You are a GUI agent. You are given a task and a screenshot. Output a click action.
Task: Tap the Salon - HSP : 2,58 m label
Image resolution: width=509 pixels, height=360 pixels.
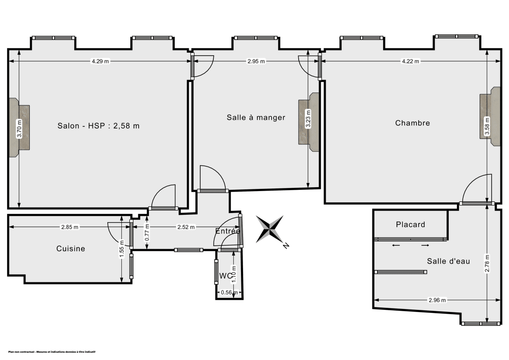pyautogui.click(x=98, y=126)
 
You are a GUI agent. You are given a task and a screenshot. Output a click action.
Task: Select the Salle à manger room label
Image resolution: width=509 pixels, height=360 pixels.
pyautogui.click(x=256, y=118)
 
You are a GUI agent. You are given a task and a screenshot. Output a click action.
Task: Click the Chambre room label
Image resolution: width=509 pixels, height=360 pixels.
pyautogui.click(x=412, y=123)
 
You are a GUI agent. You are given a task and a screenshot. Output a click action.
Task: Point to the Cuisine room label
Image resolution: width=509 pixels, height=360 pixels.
pyautogui.click(x=71, y=249)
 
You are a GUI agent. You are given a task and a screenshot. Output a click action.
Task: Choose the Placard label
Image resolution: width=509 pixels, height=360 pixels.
pyautogui.click(x=410, y=225)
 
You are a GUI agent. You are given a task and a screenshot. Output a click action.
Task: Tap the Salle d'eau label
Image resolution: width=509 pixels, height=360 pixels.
pyautogui.click(x=448, y=262)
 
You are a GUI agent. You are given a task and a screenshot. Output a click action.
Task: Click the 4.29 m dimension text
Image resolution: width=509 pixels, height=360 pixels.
pyautogui.click(x=100, y=62)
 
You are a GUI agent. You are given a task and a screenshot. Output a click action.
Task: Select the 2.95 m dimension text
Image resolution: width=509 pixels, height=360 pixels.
pyautogui.click(x=256, y=62)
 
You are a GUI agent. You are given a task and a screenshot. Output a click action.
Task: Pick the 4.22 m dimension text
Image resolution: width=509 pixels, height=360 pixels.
pyautogui.click(x=410, y=62)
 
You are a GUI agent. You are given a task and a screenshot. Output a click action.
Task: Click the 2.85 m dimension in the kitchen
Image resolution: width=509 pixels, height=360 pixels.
pyautogui.click(x=70, y=227)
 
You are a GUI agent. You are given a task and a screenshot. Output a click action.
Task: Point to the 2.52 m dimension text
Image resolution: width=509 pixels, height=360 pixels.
pyautogui.click(x=186, y=227)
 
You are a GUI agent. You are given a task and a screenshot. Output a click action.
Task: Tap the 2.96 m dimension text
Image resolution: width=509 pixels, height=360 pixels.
pyautogui.click(x=437, y=301)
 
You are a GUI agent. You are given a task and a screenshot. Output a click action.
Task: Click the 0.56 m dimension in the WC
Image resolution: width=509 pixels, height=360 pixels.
pyautogui.click(x=226, y=292)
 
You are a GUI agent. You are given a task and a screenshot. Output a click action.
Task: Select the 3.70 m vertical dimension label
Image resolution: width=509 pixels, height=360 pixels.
pyautogui.click(x=19, y=129)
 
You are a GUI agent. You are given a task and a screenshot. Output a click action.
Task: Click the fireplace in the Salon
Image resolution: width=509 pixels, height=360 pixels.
pyautogui.click(x=20, y=128)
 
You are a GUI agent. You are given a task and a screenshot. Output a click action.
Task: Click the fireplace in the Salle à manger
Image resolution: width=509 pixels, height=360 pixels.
pyautogui.click(x=308, y=122)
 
